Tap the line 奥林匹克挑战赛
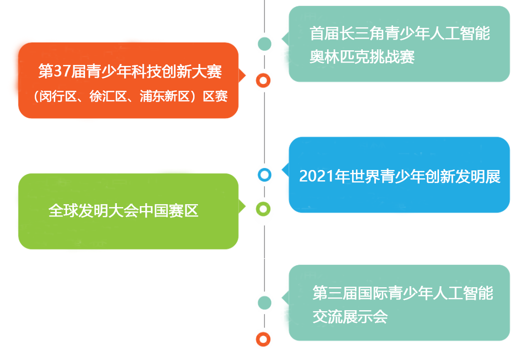pos(362,57)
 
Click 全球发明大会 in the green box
pos(93,211)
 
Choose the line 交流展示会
pos(350,317)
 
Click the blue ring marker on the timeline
pos(264,174)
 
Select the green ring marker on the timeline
pos(264,210)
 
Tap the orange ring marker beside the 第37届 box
pos(264,80)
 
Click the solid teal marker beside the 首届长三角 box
pos(264,43)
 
